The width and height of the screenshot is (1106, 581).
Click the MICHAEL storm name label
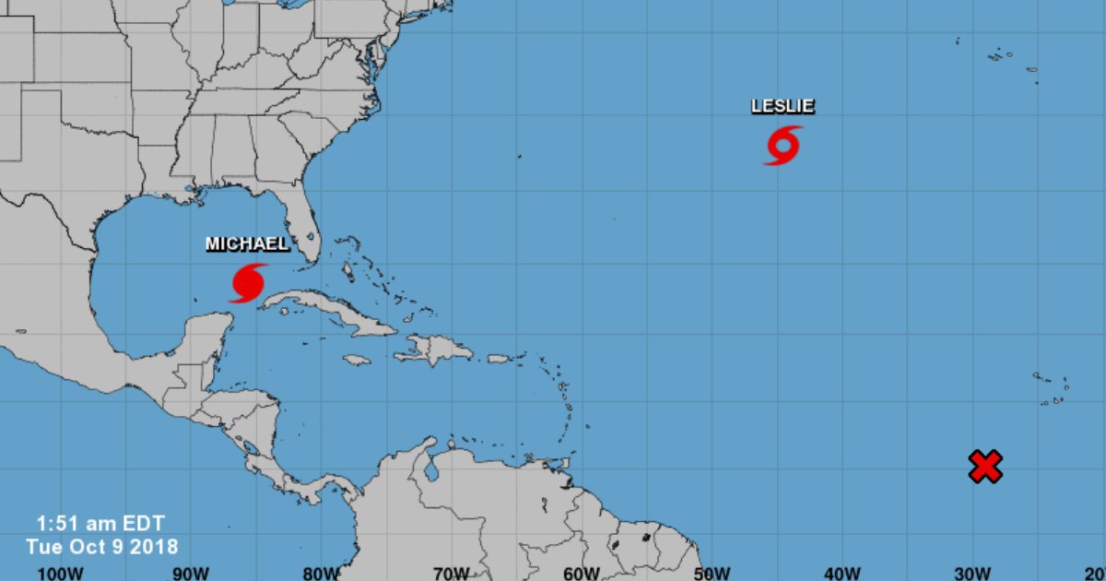coord(247,244)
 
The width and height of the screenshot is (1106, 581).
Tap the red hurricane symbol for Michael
coord(248,282)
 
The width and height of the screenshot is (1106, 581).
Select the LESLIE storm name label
coord(782,106)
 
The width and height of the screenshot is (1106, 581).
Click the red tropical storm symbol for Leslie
coord(782,146)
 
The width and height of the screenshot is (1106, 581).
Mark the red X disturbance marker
coord(985,467)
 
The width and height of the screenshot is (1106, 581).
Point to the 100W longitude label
coord(60,573)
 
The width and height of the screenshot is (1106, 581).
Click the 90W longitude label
coord(191,573)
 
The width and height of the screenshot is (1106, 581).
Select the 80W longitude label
coord(322,573)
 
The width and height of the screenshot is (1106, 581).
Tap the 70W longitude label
coord(452,573)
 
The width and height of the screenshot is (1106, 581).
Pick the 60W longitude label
coord(582,573)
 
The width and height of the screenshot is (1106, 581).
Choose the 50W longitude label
coord(712,573)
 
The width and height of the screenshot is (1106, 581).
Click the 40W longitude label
coord(842,573)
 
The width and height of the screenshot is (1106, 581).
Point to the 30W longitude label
coord(972,573)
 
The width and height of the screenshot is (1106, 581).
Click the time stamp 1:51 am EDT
coord(100,523)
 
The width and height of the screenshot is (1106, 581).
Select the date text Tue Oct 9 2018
coord(102,546)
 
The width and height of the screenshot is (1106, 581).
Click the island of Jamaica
coord(356,360)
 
